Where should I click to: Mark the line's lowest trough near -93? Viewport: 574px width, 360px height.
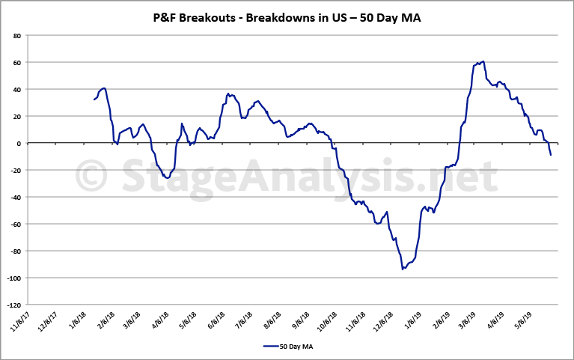(403, 268)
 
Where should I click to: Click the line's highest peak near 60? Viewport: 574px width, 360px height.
(483, 61)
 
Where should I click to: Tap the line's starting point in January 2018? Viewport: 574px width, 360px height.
(94, 100)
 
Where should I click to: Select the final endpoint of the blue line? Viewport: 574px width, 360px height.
(551, 155)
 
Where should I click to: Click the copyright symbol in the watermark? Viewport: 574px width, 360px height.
(91, 177)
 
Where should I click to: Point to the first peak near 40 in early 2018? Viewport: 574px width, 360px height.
(104, 88)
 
